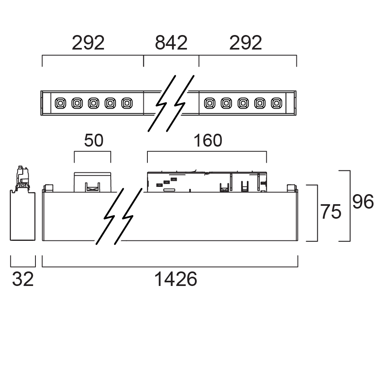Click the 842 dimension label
pos(171,43)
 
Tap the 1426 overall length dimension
pos(176,279)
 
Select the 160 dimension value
pos(207,141)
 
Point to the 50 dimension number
pos(93,141)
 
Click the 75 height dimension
pos(331,212)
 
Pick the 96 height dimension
pos(363,202)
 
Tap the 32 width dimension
pos(23,279)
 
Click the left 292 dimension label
pos(88,43)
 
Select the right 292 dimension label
pos(246,43)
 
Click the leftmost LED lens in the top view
pos(60,104)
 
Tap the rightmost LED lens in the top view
pos(276,104)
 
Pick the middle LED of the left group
pos(93,104)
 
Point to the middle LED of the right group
pos(242,104)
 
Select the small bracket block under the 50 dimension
pos(93,182)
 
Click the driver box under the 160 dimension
pos(207,182)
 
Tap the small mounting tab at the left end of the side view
pos(49,188)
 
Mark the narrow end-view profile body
pos(23,216)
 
